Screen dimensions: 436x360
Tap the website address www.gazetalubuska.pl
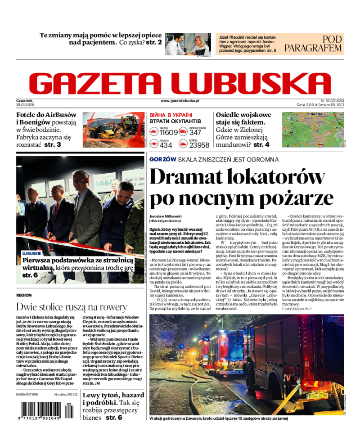[180, 102]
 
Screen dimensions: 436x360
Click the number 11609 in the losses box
[169, 132]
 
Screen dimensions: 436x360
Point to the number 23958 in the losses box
[199, 145]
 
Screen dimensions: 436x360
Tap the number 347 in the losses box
[195, 132]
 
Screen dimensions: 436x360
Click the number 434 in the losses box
[166, 145]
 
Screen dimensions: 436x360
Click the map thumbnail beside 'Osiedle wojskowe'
[313, 130]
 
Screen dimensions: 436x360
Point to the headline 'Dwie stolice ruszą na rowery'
[72, 307]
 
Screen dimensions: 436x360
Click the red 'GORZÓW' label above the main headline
[162, 159]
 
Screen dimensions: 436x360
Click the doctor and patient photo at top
[187, 44]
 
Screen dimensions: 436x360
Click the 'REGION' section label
[24, 295]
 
